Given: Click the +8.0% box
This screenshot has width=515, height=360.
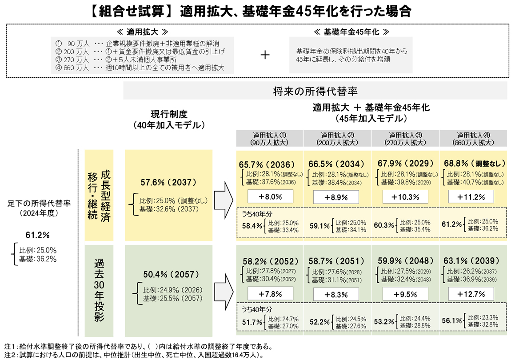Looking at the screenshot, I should pos(271,196).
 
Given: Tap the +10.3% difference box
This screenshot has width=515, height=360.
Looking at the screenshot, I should pos(406,196).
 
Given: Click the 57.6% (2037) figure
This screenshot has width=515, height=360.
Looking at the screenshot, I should pos(168,182).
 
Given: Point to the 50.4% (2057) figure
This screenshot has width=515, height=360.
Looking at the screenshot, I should pos(168,274).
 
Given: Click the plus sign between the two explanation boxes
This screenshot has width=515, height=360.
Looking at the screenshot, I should pos(265,55).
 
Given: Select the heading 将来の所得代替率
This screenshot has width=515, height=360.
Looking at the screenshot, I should pos(315,92).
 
